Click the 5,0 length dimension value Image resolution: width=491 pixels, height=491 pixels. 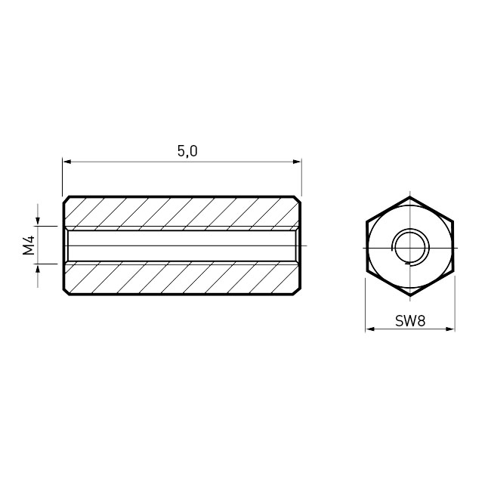click(187, 151)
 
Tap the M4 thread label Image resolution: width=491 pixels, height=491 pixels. click(29, 246)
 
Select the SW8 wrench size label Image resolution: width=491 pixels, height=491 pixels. click(410, 321)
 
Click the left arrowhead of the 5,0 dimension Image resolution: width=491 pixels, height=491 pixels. click(67, 162)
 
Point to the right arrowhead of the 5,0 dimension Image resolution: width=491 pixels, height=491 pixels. click(297, 162)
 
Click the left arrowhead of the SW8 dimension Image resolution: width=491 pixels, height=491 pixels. click(370, 329)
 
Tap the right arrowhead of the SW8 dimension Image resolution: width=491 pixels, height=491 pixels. click(450, 329)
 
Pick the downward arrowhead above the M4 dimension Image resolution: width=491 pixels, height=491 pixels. click(38, 221)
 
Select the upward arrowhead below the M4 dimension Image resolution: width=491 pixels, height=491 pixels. click(38, 268)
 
